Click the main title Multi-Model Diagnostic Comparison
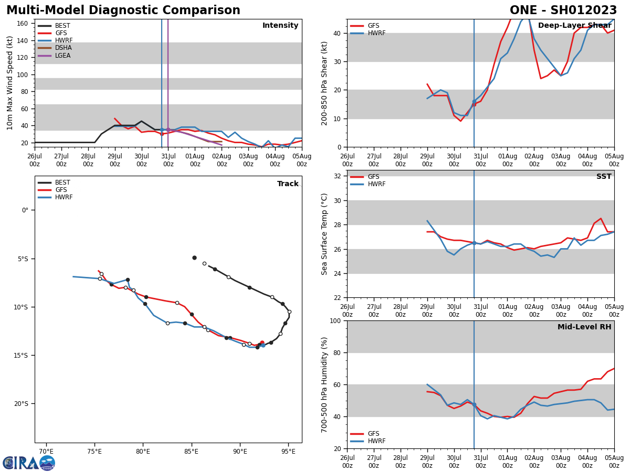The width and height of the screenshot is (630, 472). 123,10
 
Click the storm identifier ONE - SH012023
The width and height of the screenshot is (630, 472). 563,10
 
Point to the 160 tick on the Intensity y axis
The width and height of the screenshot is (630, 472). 22,24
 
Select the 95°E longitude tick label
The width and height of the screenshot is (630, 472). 288,451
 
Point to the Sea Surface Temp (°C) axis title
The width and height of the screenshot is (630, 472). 325,234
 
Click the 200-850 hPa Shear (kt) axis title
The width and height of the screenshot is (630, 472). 325,83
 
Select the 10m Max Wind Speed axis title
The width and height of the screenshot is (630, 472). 10,83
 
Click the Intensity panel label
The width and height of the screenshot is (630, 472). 280,26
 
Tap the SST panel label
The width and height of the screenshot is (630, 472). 604,177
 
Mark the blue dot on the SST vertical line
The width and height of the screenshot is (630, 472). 474,243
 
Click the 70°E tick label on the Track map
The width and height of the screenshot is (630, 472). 46,451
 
